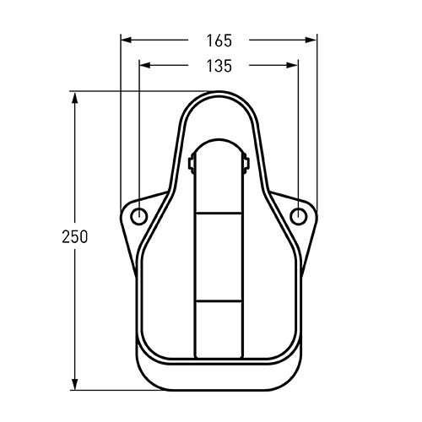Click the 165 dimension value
click(x=219, y=41)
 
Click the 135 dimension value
click(x=219, y=66)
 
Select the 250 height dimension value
click(x=75, y=236)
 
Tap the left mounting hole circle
click(x=138, y=216)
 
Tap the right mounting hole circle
click(x=298, y=216)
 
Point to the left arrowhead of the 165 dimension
click(x=127, y=41)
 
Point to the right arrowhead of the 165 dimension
click(x=311, y=41)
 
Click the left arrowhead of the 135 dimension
click(x=145, y=66)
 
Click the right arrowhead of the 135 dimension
click(x=292, y=66)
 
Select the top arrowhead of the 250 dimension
click(x=74, y=97)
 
